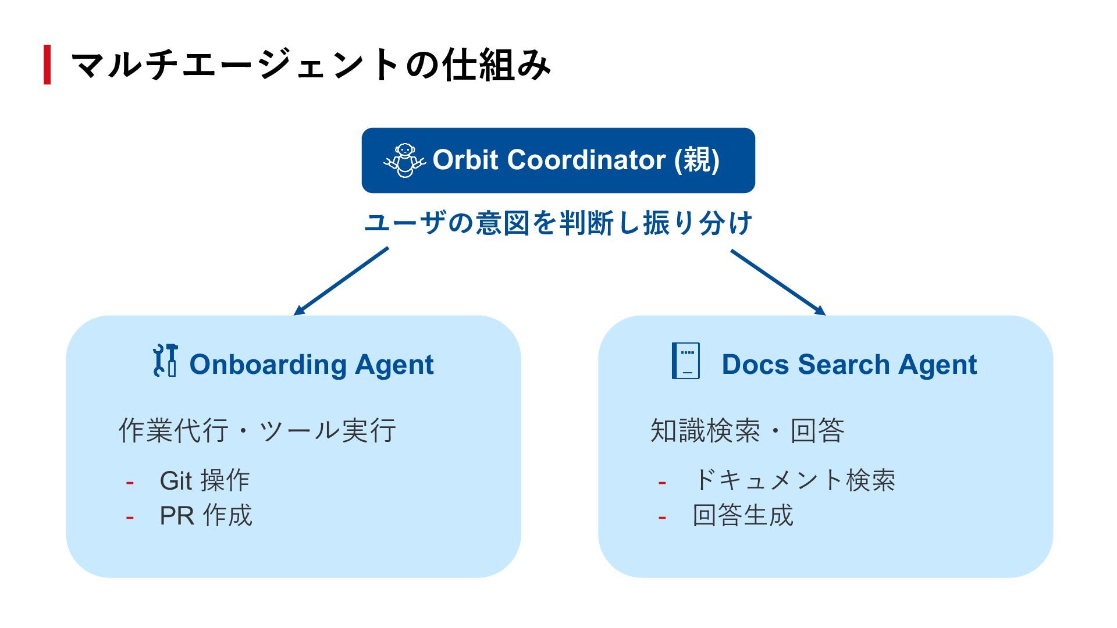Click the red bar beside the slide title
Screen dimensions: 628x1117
point(47,65)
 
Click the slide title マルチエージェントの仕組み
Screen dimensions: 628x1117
point(310,65)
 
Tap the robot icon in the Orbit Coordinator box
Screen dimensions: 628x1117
point(404,160)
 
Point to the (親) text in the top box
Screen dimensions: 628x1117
point(696,160)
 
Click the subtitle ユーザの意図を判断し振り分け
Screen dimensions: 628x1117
point(558,223)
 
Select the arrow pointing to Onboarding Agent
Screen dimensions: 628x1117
point(341,281)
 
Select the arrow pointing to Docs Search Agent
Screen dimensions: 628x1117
point(778,282)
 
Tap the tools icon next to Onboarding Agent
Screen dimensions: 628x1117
point(165,361)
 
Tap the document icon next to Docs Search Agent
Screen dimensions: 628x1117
point(686,361)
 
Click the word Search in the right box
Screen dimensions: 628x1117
point(844,365)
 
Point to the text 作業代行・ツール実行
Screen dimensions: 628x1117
point(257,431)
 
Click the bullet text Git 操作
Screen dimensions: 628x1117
point(205,481)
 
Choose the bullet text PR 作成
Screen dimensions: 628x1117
point(206,516)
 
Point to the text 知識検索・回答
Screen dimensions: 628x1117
point(747,431)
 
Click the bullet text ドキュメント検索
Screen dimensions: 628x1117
point(794,481)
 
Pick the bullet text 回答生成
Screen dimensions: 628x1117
point(743,516)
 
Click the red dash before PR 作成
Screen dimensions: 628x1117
point(130,517)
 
